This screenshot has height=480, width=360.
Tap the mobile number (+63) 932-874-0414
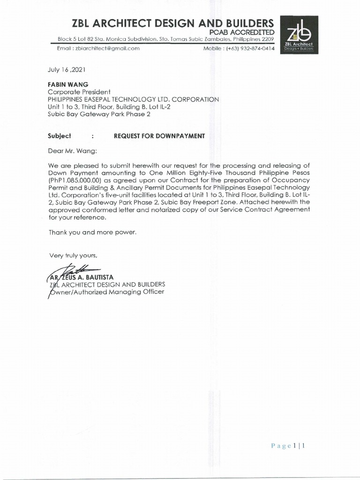point(250,48)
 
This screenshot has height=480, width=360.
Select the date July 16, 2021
point(67,69)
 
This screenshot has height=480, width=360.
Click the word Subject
point(60,136)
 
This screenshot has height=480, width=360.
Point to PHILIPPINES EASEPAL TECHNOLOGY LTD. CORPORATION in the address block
point(134,99)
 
